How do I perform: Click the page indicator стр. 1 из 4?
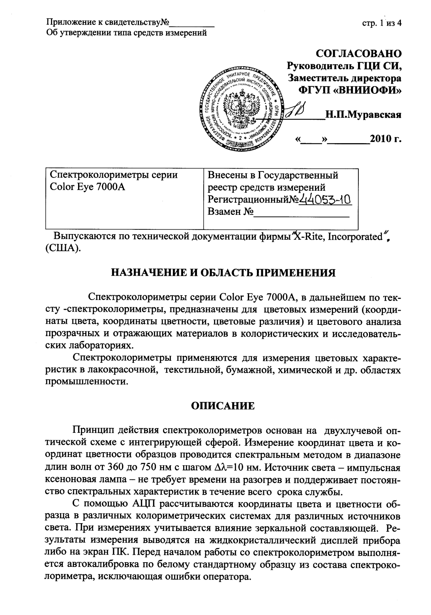[x=382, y=23]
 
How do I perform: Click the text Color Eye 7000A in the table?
[x=88, y=187]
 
